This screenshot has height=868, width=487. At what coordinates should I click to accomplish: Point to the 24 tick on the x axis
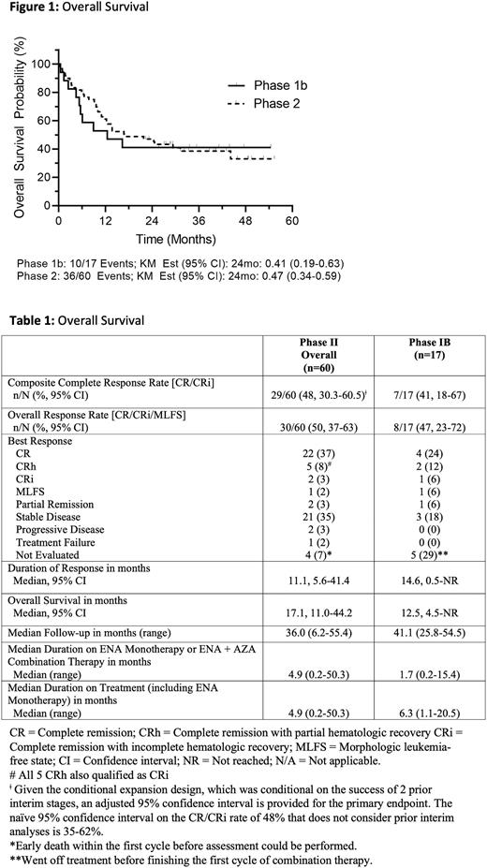pos(153,221)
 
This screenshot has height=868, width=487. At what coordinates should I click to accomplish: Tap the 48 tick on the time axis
pos(245,221)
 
